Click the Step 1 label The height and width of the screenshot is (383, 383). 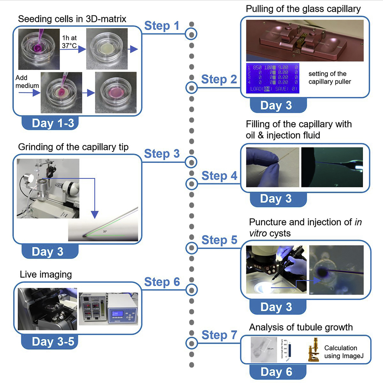point(162,26)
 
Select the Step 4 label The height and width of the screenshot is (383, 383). point(220,176)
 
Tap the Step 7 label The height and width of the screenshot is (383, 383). point(219,335)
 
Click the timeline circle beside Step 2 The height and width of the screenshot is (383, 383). point(191,88)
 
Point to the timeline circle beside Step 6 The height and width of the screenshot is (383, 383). point(191,289)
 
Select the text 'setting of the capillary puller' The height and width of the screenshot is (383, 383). point(329,78)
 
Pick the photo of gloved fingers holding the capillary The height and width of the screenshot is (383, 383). point(272,167)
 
